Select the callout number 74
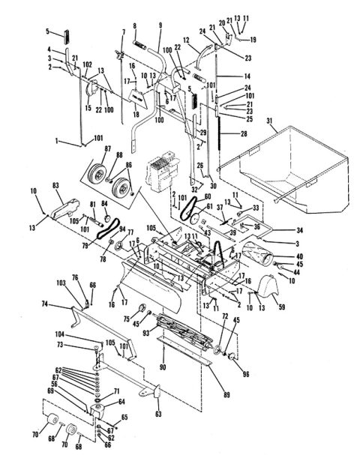tap(44, 305)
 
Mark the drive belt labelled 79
tap(108, 229)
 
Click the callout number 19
tap(253, 38)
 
